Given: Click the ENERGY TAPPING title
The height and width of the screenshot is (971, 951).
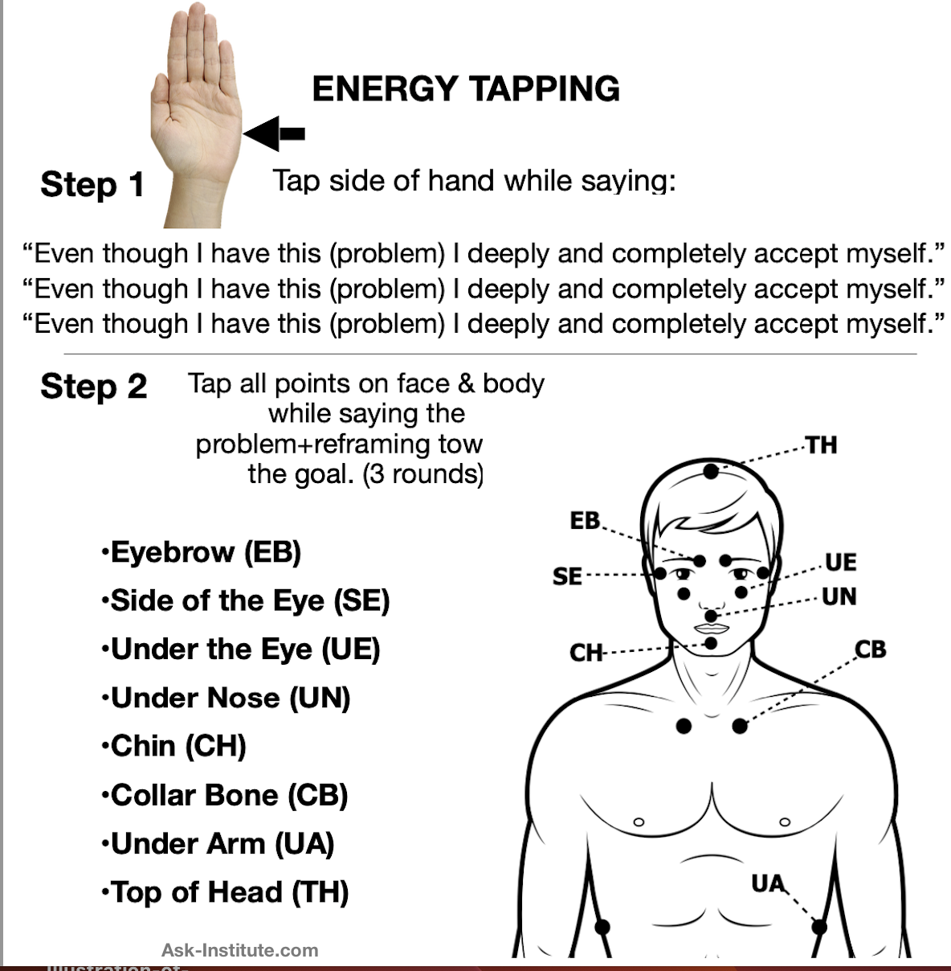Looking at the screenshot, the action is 466,89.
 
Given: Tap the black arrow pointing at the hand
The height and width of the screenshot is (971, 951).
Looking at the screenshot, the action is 274,133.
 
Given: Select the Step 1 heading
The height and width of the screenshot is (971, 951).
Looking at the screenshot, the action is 92,185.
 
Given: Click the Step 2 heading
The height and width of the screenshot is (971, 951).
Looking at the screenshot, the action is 94,387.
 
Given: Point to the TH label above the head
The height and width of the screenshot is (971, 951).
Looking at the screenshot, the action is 821,445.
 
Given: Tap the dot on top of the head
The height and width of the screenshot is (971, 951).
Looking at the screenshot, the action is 711,472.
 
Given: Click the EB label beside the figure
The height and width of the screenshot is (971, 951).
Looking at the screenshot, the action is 585,521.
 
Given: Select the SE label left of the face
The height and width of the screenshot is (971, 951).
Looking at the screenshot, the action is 567,576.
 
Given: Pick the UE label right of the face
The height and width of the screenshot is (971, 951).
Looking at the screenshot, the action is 841,563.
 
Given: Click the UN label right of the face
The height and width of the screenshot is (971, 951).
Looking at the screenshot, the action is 839,596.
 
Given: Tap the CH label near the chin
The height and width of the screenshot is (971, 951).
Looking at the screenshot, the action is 586,653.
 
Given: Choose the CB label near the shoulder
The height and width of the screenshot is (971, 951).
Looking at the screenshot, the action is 870,649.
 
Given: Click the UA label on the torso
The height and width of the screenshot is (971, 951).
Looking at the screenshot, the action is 769,883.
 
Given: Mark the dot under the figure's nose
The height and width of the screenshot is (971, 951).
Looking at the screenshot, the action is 711,616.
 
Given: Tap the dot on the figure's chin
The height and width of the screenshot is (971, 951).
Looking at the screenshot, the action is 711,644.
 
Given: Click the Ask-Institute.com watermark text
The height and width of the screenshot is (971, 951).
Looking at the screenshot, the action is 240,950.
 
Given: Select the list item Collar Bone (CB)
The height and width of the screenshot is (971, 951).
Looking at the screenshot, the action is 225,796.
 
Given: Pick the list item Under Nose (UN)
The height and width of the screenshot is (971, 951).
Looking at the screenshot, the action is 226,699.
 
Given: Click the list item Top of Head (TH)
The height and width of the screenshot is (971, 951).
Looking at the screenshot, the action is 225,893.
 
